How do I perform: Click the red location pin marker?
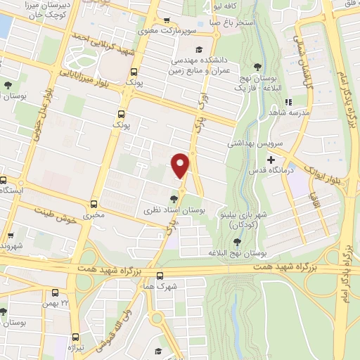tap(181, 165)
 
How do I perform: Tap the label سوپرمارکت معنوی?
tap(135, 31)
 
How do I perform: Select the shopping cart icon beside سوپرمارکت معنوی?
tap(166, 21)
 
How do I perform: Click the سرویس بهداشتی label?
tap(253, 143)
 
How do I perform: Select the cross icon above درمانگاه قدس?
tap(271, 160)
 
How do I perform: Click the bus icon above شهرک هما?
tap(160, 276)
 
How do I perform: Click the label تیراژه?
tap(75, 348)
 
